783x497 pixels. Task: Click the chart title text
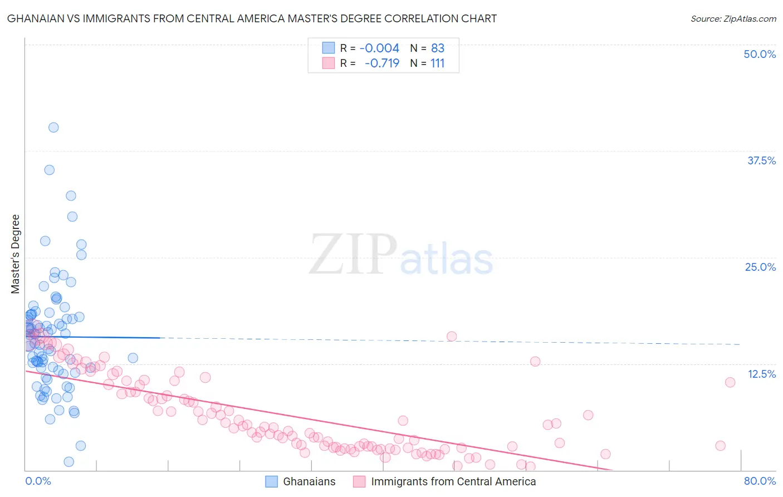[x=252, y=18]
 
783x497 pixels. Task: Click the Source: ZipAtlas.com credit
[x=733, y=18]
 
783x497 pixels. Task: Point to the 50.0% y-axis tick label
[x=760, y=54]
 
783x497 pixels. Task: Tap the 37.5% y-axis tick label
[x=761, y=160]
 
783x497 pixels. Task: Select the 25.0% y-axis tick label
[x=760, y=267]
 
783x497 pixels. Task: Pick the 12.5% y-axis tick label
[x=761, y=374]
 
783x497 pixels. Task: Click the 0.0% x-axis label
[x=38, y=481]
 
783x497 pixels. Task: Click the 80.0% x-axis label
[x=760, y=481]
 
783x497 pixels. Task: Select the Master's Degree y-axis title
[x=16, y=254]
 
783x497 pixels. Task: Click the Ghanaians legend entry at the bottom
[x=309, y=481]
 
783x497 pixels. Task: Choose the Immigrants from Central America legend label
[x=453, y=481]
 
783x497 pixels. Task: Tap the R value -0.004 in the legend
[x=379, y=48]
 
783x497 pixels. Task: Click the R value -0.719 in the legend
[x=382, y=64]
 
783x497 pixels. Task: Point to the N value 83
[x=438, y=48]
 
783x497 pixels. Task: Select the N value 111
[x=438, y=64]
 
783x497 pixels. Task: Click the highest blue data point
[x=53, y=127]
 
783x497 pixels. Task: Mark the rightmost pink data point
[x=730, y=382]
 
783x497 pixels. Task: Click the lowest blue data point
[x=69, y=461]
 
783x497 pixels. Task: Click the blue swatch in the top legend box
[x=329, y=48]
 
